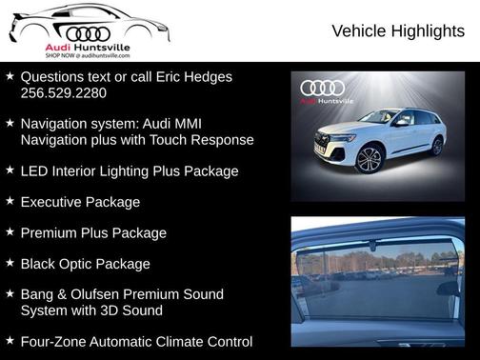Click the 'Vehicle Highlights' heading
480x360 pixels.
[397, 31]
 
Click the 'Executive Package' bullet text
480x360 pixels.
[80, 202]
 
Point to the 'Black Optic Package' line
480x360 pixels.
[86, 263]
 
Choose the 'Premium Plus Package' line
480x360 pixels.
[93, 232]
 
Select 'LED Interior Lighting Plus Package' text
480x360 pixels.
[130, 171]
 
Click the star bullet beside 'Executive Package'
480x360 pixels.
[10, 201]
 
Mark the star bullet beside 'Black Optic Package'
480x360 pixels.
[10, 262]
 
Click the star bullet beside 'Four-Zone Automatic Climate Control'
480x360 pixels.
[10, 340]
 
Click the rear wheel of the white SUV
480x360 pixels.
[437, 146]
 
